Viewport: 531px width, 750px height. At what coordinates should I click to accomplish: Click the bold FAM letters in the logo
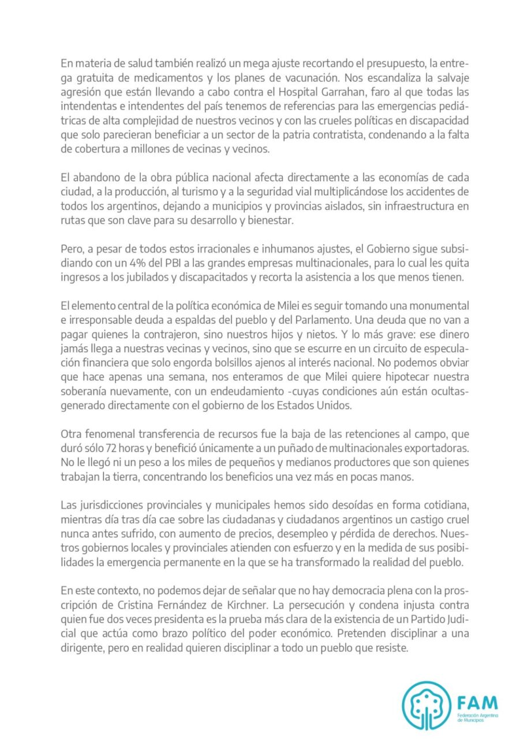476,704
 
